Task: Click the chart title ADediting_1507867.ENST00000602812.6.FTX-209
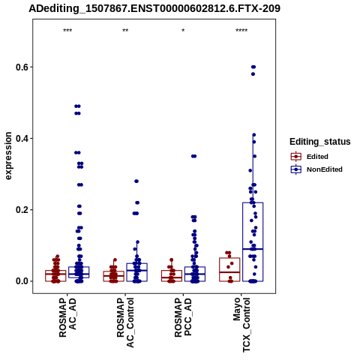click(154, 9)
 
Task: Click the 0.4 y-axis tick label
click(21, 138)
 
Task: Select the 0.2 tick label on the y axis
click(21, 210)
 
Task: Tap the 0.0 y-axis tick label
click(21, 281)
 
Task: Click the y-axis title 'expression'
click(8, 156)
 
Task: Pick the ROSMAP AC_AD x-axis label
click(67, 317)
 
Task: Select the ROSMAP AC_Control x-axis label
click(125, 322)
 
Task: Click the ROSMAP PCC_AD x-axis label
click(183, 317)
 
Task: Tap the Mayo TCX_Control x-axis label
click(241, 325)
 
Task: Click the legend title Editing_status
click(320, 142)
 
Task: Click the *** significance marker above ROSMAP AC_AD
click(67, 31)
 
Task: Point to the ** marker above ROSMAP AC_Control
click(125, 31)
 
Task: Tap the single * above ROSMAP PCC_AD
click(183, 31)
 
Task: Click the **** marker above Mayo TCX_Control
click(241, 31)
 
